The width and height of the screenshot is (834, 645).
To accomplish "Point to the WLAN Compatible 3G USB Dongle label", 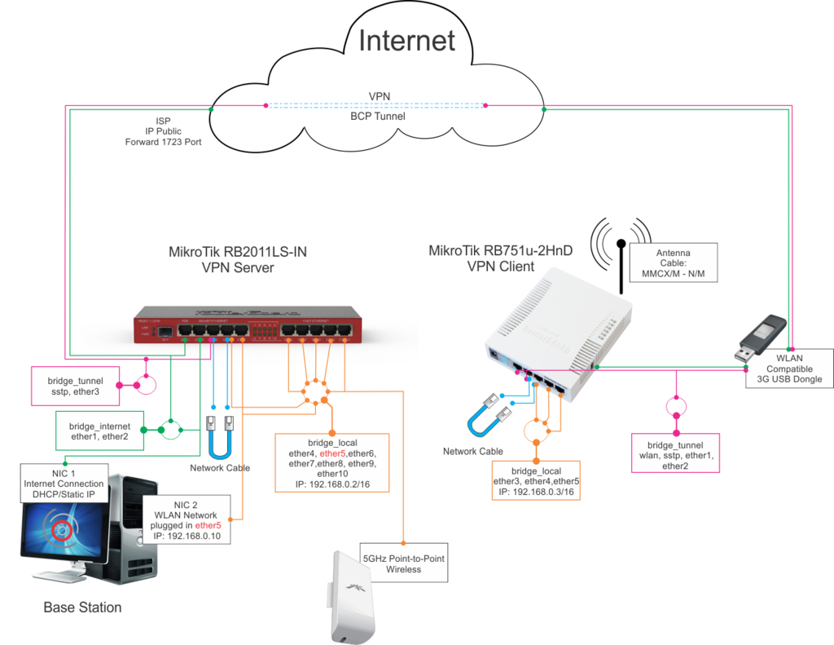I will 789,369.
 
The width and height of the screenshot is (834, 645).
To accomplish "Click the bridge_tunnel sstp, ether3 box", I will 74,386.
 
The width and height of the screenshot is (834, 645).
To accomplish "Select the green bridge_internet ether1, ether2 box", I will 99,431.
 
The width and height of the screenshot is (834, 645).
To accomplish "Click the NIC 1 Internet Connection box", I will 64,484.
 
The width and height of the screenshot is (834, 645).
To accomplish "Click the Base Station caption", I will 82,607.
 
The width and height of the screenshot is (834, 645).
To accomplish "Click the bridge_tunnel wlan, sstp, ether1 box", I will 674,456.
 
